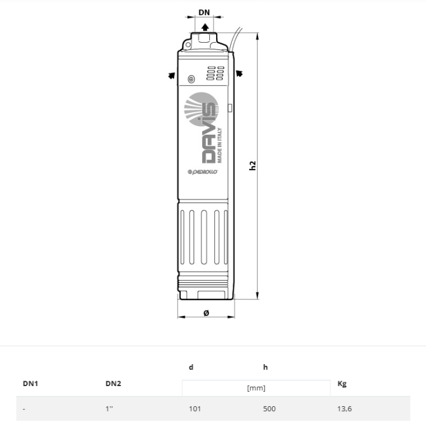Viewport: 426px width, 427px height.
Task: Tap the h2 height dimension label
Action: pos(253,165)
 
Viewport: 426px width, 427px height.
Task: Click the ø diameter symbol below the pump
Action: pos(206,313)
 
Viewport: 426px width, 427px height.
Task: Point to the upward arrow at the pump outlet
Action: pos(206,27)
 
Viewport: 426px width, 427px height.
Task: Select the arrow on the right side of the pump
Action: pos(240,74)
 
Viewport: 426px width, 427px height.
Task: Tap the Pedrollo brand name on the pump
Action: pos(201,173)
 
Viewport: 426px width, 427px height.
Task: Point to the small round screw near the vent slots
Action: pos(191,79)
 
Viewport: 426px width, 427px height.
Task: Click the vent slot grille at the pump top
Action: pos(215,74)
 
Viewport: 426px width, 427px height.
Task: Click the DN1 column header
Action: pos(31,384)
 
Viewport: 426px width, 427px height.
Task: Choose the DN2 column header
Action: pos(113,384)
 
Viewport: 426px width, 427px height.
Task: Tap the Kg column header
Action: pos(342,384)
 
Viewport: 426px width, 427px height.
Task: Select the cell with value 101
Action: pos(195,409)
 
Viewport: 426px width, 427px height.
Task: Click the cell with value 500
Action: pos(269,409)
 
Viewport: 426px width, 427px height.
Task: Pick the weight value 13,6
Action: pos(344,409)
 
